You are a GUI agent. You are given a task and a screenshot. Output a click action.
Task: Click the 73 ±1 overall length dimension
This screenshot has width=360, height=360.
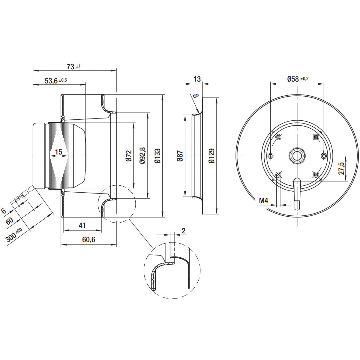(73, 67)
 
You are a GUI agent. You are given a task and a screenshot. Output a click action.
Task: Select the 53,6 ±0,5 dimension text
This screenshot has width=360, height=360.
(56, 81)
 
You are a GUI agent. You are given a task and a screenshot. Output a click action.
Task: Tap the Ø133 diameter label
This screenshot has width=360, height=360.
(157, 156)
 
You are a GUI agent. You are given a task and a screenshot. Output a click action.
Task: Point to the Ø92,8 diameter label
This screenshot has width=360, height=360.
(142, 155)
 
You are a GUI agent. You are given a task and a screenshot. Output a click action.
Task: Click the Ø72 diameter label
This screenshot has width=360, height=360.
(129, 156)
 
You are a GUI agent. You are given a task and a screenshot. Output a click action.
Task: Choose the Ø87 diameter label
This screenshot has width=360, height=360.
(180, 156)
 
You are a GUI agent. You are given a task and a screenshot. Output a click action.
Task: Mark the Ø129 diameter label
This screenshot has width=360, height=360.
(211, 156)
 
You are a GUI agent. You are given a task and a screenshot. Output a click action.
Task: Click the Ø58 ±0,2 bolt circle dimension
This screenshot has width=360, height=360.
(298, 79)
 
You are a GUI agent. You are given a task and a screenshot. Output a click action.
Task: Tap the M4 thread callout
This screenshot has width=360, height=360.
(264, 201)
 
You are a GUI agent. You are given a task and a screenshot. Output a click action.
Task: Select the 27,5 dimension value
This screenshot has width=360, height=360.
(341, 168)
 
